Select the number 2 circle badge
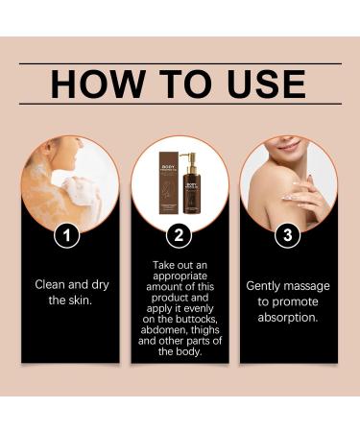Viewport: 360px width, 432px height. coord(180,233)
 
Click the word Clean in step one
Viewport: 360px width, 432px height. coord(52,284)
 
